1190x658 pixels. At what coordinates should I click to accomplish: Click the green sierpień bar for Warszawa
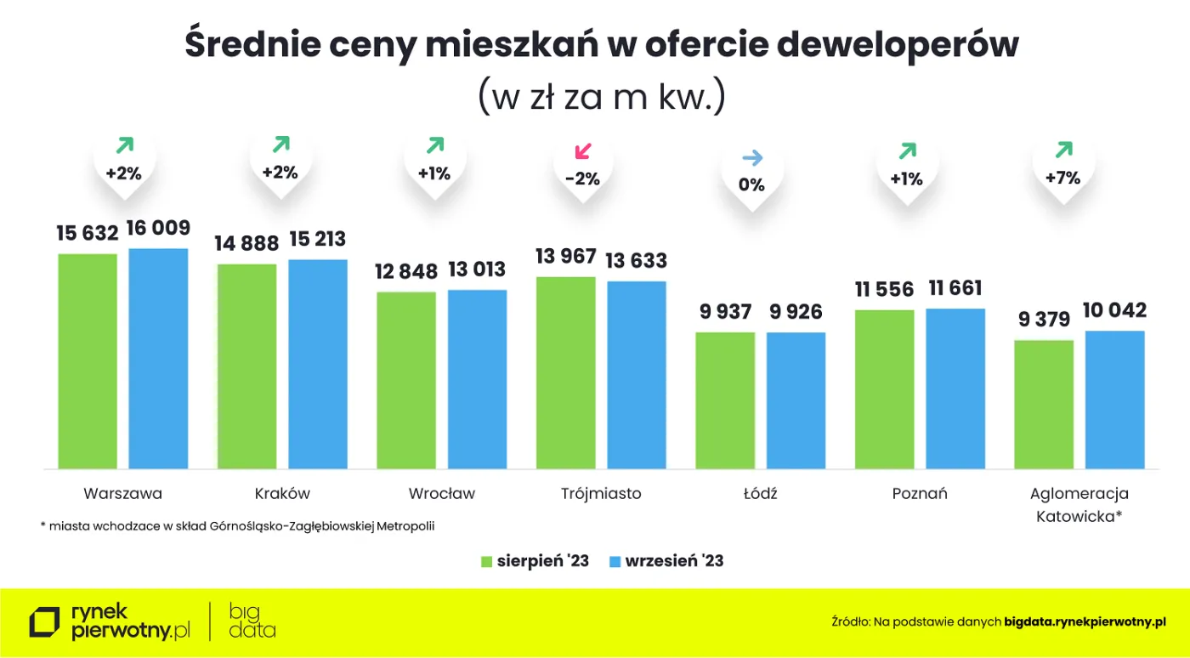pos(88,361)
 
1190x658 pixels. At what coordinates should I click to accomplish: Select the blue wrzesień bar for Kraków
pos(318,364)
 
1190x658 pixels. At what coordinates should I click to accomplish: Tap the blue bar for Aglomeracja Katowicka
pos(1115,400)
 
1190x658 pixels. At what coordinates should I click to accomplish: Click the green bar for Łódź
pos(725,400)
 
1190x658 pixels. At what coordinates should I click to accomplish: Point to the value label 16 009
pos(159,228)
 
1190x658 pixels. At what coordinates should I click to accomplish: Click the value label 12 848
pos(406,271)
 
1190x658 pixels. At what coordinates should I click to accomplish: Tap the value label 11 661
pos(956,288)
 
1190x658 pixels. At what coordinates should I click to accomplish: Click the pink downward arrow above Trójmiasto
pos(582,152)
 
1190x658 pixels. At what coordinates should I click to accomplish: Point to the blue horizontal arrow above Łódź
pos(752,158)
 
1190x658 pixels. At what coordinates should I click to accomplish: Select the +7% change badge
pos(1062,178)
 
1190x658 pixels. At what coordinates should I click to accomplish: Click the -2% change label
pos(582,179)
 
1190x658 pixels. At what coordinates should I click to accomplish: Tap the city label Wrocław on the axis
pos(441,494)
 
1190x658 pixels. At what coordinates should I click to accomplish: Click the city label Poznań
pos(920,494)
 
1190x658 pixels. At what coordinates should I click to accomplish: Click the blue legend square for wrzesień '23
pos(615,561)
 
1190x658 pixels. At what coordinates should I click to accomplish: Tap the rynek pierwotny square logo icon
pos(45,622)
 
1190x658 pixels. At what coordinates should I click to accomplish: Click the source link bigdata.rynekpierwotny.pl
pos(1085,622)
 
